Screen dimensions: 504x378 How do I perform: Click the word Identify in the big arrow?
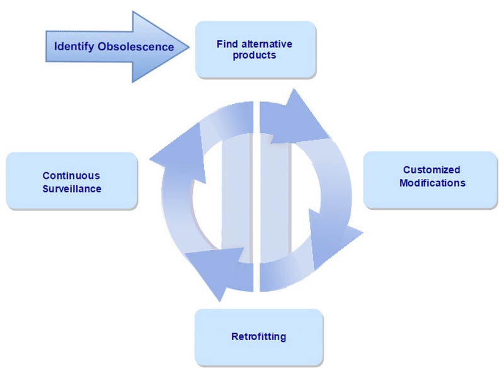click(74, 47)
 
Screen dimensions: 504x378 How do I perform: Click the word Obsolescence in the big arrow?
click(135, 47)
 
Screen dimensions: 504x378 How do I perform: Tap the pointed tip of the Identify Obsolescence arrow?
click(188, 47)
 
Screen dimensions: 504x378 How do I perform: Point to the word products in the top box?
click(255, 55)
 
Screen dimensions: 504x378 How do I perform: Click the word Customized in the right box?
click(432, 169)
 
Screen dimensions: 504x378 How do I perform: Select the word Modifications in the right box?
click(432, 183)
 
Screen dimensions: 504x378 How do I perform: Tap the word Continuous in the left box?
click(71, 176)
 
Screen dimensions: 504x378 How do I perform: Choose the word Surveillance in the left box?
click(72, 188)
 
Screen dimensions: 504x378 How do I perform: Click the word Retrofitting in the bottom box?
click(259, 336)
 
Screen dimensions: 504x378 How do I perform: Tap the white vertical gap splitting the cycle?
click(256, 196)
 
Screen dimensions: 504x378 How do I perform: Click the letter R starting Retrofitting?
click(235, 336)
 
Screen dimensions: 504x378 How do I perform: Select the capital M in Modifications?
click(404, 183)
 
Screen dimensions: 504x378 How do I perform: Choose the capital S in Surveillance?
click(46, 188)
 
